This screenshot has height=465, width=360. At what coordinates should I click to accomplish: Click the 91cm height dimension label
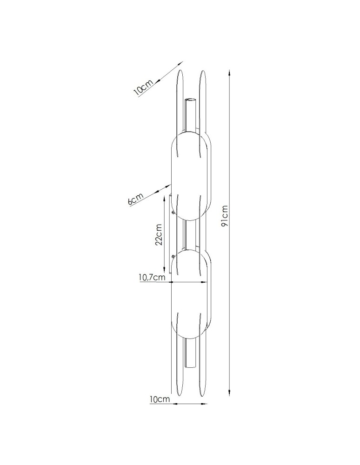pyautogui.click(x=225, y=216)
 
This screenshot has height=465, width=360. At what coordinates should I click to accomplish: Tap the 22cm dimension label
pyautogui.click(x=159, y=234)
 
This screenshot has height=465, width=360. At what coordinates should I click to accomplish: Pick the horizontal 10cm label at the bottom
pyautogui.click(x=160, y=399)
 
